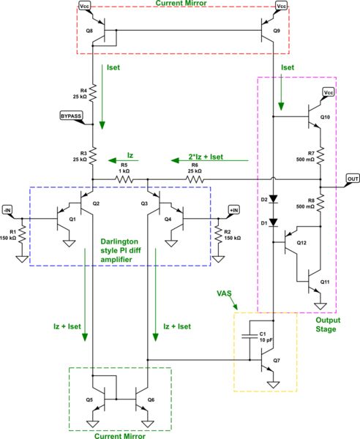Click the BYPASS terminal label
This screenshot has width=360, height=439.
click(71, 116)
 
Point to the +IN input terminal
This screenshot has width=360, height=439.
click(233, 210)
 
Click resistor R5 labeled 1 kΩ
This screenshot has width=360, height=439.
click(123, 178)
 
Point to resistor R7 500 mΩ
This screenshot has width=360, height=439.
click(320, 154)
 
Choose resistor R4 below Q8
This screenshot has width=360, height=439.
click(94, 93)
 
